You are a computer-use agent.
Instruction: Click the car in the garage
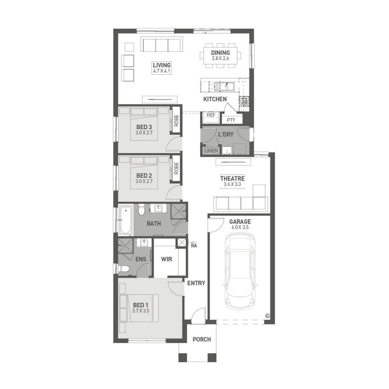(x=240, y=271)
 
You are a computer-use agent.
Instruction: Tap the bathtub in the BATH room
(x=126, y=220)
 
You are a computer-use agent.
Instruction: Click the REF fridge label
(x=211, y=115)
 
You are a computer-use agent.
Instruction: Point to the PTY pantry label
(x=231, y=120)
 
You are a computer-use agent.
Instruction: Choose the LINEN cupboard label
(x=211, y=151)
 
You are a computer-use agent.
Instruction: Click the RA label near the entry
(x=194, y=245)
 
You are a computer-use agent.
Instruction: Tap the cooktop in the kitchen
(x=244, y=101)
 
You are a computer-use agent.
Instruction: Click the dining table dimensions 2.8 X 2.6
(x=220, y=58)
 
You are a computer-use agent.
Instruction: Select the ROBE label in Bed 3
(x=176, y=121)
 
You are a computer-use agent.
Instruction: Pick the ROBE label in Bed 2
(x=176, y=168)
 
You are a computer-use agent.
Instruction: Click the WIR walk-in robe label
(x=166, y=259)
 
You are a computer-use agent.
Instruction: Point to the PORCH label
(x=202, y=339)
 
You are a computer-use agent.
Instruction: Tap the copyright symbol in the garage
(x=267, y=316)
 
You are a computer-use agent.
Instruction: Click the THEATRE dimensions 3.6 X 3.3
(x=232, y=184)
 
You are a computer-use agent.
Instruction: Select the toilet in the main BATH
(x=141, y=210)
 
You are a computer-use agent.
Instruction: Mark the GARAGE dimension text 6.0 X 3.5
(x=240, y=227)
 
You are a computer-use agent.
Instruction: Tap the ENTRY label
(x=196, y=283)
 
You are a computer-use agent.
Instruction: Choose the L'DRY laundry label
(x=226, y=134)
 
